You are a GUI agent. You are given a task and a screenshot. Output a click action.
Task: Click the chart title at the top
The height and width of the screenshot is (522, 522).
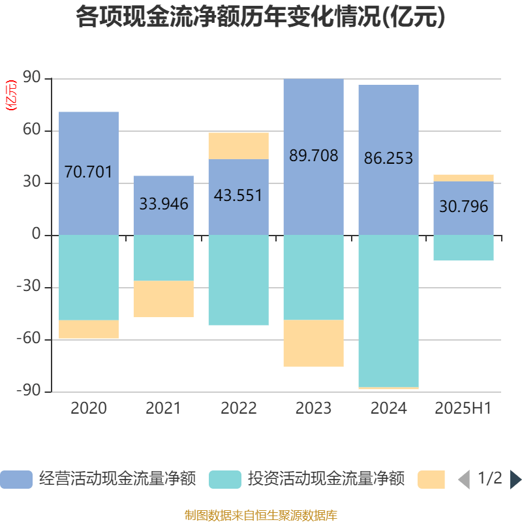260,18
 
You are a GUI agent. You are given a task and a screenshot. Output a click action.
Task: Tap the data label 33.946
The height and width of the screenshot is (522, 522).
164,204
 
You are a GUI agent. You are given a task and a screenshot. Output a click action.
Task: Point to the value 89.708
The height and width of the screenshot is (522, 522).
313,155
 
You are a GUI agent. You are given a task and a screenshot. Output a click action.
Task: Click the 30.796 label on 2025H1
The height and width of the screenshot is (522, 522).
463,207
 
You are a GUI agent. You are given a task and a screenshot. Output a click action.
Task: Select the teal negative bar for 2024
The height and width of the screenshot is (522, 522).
388,310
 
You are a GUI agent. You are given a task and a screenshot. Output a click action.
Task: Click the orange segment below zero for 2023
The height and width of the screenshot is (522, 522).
313,343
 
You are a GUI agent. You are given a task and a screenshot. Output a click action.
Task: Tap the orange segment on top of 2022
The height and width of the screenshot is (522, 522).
238,146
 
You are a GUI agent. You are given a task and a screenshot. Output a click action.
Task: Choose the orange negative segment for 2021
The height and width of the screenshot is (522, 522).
164,299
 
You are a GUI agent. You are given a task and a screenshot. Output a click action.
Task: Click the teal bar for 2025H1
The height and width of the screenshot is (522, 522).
463,248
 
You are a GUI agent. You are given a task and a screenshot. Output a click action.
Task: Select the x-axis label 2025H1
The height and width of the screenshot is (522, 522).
463,408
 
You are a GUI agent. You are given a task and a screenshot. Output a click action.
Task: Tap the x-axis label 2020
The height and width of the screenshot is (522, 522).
89,408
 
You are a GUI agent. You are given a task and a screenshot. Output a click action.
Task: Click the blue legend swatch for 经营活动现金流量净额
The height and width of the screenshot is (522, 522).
16,480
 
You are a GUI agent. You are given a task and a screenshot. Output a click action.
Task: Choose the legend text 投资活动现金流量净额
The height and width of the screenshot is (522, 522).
326,480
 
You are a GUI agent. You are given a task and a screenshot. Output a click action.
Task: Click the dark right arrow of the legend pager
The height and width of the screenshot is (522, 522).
515,480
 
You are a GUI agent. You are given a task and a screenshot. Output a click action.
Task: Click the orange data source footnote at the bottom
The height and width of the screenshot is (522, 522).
260,515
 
